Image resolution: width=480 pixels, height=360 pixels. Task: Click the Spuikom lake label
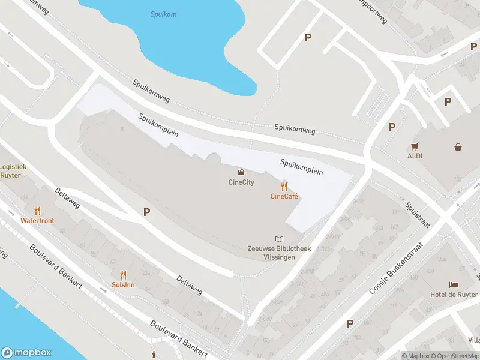click(164, 14)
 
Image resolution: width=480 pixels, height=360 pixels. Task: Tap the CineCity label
click(241, 182)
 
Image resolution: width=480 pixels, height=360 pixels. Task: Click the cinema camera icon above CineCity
click(241, 173)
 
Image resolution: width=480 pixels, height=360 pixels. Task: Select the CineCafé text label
click(284, 196)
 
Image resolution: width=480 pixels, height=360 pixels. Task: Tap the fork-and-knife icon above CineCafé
click(284, 187)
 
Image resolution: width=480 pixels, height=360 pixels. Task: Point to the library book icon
click(278, 239)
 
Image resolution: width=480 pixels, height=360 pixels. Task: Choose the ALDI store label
click(415, 156)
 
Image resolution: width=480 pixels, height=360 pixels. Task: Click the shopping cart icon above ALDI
click(415, 146)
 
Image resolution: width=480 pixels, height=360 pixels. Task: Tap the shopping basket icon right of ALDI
click(458, 146)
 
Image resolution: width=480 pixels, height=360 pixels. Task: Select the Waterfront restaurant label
click(37, 221)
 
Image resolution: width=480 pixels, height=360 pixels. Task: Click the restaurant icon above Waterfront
click(37, 211)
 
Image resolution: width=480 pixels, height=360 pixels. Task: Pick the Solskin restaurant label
click(123, 284)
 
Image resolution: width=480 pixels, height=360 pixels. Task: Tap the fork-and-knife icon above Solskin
click(123, 274)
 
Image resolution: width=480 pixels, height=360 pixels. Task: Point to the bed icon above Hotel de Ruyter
click(454, 284)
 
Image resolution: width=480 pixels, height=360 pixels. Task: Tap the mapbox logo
click(26, 353)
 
